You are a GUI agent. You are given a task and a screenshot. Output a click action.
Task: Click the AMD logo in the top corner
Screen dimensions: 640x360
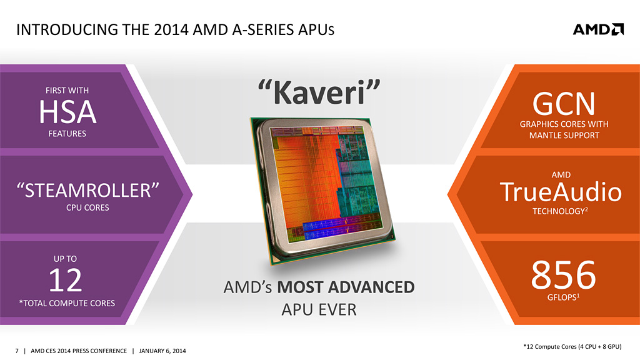tap(598, 29)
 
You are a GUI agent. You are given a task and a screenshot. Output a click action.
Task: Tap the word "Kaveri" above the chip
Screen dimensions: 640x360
tap(319, 92)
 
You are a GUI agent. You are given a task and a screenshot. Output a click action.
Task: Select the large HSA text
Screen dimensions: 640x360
tap(67, 112)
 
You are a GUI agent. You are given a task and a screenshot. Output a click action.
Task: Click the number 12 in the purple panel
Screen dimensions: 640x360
tap(65, 280)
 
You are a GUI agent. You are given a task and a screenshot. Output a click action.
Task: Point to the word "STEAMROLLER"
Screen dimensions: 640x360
tap(87, 190)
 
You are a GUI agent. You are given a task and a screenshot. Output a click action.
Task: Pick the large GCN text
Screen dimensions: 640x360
tap(564, 104)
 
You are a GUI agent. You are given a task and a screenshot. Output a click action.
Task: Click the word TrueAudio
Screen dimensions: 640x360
tap(561, 192)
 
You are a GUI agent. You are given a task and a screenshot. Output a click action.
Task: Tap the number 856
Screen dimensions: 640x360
tap(563, 275)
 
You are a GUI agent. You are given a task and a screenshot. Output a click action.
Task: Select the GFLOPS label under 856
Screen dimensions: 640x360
tap(563, 297)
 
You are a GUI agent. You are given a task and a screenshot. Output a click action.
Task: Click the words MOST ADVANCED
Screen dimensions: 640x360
tap(346, 287)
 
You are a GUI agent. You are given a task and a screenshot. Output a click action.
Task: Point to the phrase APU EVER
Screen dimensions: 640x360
tap(319, 310)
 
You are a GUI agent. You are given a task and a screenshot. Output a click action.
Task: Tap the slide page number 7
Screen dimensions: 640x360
tap(17, 351)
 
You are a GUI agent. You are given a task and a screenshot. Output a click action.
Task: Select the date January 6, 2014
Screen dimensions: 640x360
tap(162, 351)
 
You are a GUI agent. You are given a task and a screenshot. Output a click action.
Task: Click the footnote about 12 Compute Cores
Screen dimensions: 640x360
tap(572, 346)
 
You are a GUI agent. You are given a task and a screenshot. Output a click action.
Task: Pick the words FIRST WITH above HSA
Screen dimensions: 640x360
tap(67, 91)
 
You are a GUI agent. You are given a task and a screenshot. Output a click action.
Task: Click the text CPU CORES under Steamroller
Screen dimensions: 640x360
tap(87, 207)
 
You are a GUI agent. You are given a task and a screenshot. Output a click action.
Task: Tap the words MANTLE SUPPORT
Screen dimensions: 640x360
tap(564, 136)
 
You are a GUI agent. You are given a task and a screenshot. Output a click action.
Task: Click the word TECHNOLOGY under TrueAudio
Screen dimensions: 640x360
tap(560, 211)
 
